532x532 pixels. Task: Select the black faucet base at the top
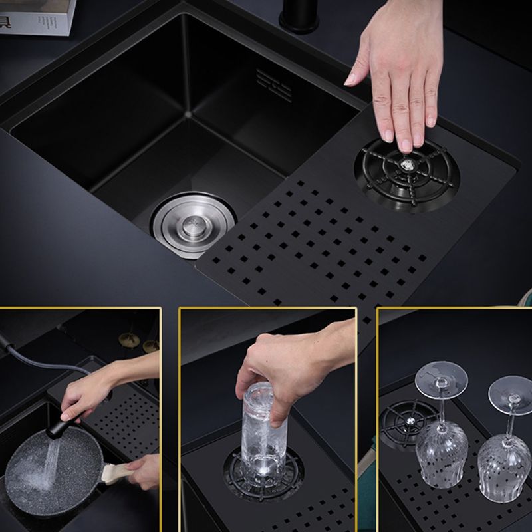click(x=299, y=17)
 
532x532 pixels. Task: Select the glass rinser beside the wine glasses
click(x=403, y=422)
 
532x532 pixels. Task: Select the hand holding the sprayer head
click(x=90, y=392)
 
